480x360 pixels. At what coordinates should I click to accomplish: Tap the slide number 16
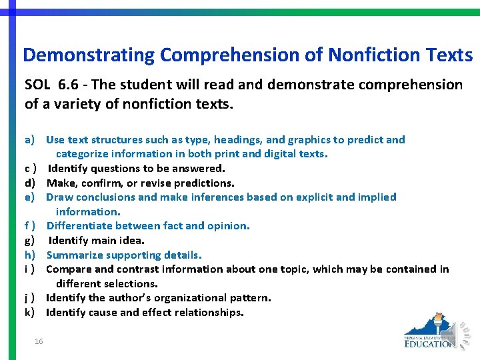pyautogui.click(x=39, y=341)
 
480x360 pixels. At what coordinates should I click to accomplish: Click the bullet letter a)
pyautogui.click(x=30, y=140)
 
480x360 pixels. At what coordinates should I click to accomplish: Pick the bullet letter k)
pyautogui.click(x=30, y=313)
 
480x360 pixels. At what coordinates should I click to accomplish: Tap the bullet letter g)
pyautogui.click(x=30, y=241)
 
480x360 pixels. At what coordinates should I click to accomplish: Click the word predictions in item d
pyautogui.click(x=204, y=183)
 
